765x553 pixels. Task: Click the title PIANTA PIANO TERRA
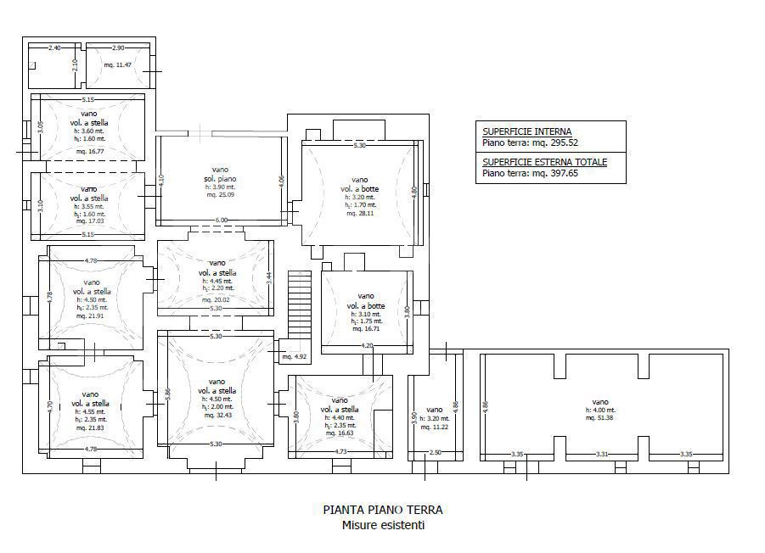tap(382, 511)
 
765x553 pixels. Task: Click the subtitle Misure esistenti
tap(383, 525)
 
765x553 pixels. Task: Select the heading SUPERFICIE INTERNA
tap(526, 131)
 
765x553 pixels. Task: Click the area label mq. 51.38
tap(600, 418)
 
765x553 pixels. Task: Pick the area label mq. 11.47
tap(117, 65)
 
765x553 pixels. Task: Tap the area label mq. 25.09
tap(219, 194)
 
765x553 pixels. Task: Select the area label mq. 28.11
tap(360, 214)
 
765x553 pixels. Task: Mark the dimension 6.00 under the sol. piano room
tap(221, 221)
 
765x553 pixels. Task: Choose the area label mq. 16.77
tap(88, 151)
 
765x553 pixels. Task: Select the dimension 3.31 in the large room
tap(603, 455)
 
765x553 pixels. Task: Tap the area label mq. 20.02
tap(216, 299)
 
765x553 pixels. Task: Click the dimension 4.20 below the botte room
tap(367, 346)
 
